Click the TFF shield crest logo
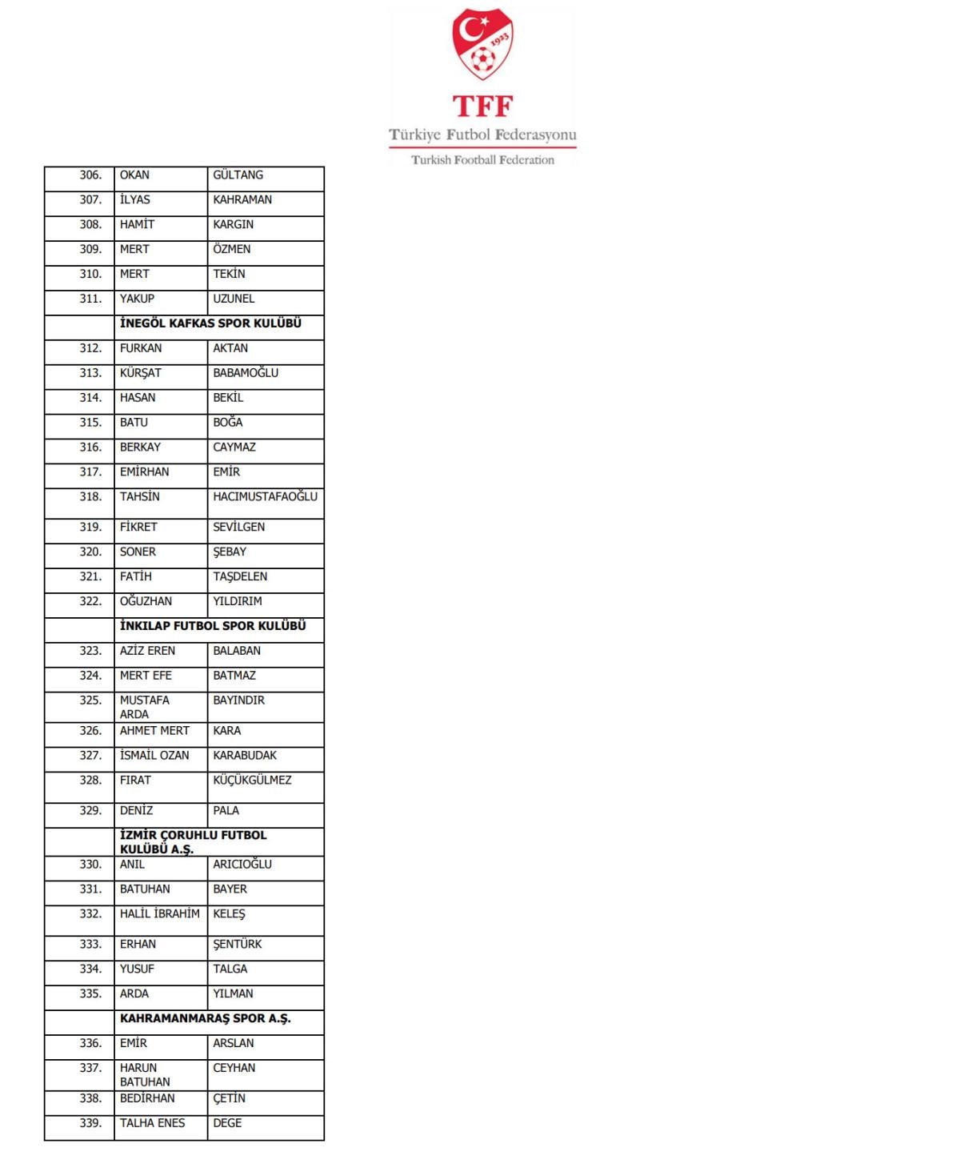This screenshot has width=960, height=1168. pos(482,45)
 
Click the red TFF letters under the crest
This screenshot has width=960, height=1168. pos(482,106)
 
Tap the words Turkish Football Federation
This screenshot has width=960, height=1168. pos(482,160)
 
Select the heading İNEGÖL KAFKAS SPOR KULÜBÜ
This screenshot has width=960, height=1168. pos(210,323)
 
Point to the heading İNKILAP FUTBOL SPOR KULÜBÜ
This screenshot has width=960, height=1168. pos(213,626)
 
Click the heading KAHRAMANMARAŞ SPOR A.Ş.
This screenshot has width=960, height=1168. pos(205,1018)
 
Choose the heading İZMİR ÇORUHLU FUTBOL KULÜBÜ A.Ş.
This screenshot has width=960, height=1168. pos(193,841)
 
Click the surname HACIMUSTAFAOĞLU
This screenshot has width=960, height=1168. pos(265,496)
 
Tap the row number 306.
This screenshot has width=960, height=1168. pos(90,175)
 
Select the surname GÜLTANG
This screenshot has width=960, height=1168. pos(238,175)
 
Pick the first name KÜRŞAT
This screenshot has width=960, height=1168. pos(140,373)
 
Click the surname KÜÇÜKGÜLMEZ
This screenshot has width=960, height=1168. pos(252,780)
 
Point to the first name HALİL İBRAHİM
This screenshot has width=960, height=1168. pos(160,913)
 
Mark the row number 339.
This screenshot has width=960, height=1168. pos(90,1123)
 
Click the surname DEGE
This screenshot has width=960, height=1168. pos(227,1123)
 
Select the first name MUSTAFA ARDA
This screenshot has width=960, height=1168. pos(145,707)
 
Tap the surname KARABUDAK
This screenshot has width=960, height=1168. pos(245,755)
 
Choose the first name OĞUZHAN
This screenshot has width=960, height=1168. pos(146,601)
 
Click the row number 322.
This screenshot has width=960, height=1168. pos(90,601)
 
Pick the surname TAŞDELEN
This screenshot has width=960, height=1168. pos(240,576)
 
